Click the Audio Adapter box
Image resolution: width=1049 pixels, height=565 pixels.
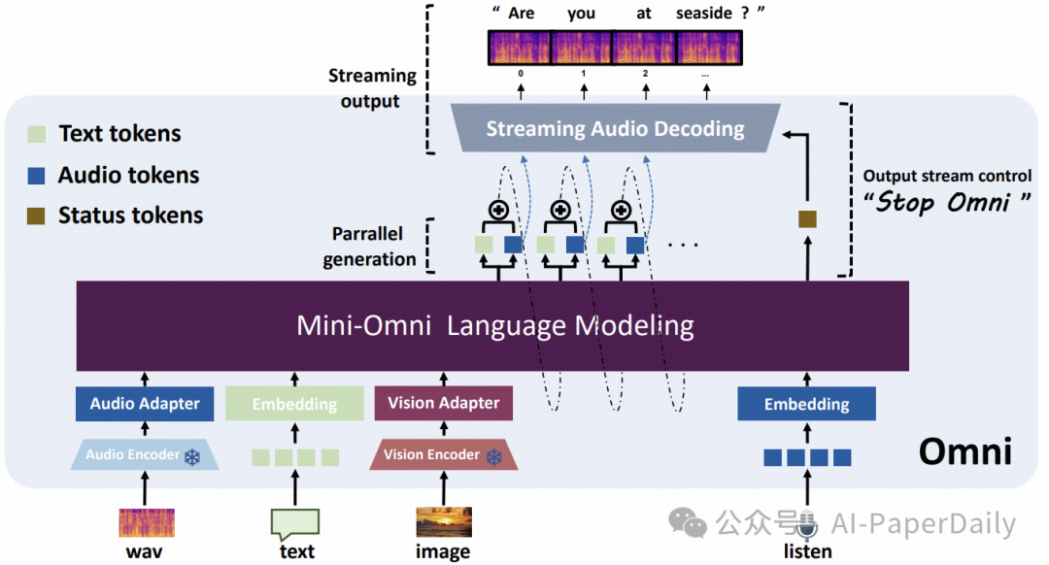coord(145,404)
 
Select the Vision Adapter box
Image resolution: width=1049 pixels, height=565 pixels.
coord(444,403)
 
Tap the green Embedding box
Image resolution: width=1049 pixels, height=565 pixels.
coord(294,404)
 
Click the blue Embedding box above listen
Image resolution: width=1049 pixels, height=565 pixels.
coord(807,404)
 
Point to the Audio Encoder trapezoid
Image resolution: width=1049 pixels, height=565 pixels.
coord(145,454)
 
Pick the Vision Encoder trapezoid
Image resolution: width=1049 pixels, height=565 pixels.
coord(444,454)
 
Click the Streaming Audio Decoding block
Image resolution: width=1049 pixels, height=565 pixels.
coord(616,128)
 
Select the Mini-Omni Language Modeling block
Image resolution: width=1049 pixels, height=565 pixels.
coord(492,325)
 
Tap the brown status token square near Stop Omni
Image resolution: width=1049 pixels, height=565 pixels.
coord(807,218)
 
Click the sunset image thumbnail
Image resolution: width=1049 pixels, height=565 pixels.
coord(444,522)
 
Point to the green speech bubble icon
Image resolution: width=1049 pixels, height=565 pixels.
coord(295,524)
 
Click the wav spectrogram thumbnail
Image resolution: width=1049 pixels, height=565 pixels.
coord(147,523)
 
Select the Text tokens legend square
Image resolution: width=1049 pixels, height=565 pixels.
coord(36,134)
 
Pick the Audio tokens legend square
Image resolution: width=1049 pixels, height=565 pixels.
coord(36,175)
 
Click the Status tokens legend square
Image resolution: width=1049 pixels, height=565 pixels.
coord(36,216)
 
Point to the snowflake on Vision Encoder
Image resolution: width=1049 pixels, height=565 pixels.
coord(494,457)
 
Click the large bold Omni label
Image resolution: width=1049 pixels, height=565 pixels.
coord(964,451)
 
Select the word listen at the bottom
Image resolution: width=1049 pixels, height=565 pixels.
coord(807,551)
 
